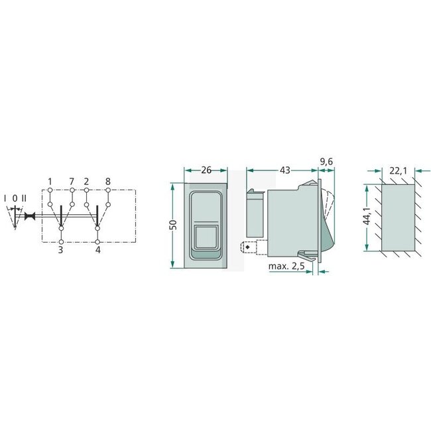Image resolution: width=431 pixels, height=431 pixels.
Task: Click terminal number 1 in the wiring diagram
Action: (x=50, y=180)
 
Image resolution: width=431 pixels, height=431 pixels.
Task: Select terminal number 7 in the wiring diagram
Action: (x=71, y=180)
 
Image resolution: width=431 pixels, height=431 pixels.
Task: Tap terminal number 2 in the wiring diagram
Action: (x=87, y=180)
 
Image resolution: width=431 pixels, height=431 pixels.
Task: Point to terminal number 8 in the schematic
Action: (x=107, y=180)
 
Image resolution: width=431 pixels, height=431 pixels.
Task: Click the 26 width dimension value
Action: (x=206, y=170)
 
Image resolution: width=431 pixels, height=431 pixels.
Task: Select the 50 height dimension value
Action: (x=172, y=225)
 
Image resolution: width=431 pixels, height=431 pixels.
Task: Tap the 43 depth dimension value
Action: (x=285, y=170)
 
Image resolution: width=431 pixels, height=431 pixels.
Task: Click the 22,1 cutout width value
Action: (x=399, y=170)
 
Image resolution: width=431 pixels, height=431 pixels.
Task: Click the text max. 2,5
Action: (x=286, y=267)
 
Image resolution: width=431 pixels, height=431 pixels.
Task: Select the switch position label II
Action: (x=24, y=198)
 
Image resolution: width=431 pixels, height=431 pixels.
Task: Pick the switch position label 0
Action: (x=15, y=198)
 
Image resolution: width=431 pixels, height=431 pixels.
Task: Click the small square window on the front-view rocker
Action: (x=206, y=235)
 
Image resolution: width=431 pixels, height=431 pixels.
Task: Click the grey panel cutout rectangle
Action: (x=398, y=217)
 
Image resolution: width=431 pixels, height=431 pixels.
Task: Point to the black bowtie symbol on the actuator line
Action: (x=29, y=216)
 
